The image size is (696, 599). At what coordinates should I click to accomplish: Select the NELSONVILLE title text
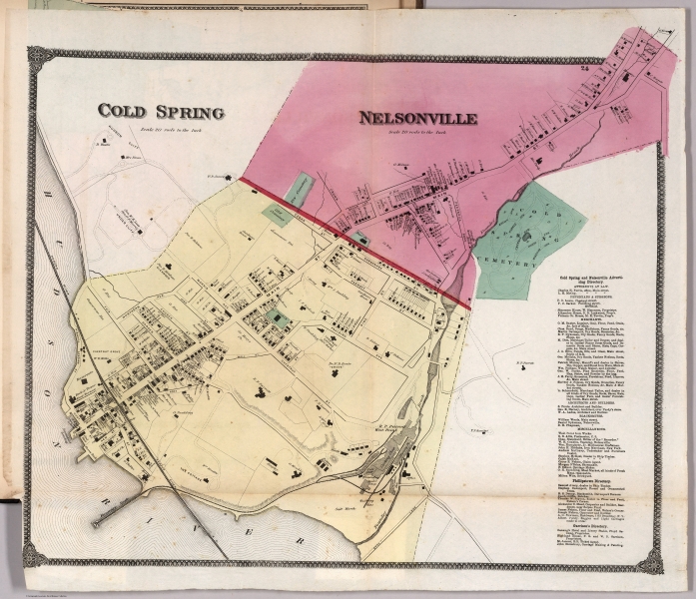click(x=417, y=119)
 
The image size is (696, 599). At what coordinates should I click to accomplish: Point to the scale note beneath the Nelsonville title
click(x=417, y=132)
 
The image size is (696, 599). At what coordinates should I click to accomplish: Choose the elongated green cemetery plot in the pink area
click(x=302, y=187)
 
